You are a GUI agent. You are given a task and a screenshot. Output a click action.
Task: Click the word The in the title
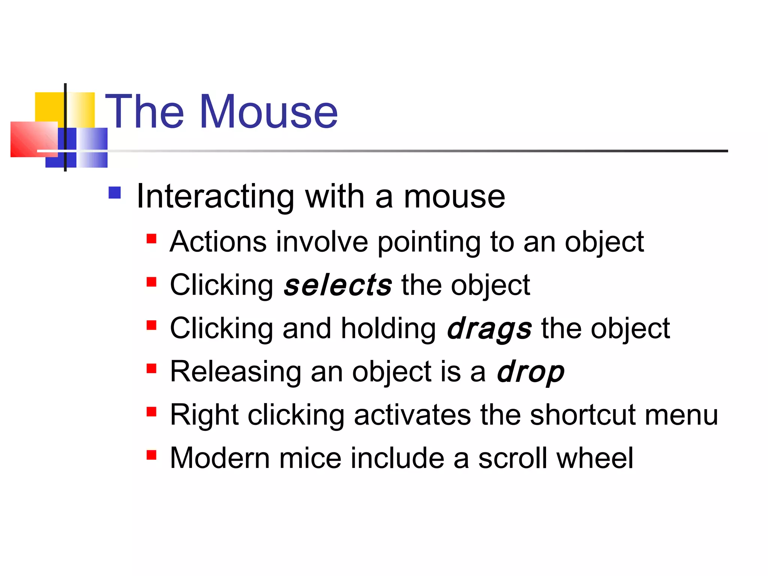[x=145, y=112]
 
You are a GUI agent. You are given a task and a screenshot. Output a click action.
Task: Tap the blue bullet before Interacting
[x=115, y=193]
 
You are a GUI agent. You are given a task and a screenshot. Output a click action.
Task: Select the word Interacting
[x=216, y=196]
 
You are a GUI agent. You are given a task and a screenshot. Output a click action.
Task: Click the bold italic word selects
[x=338, y=285]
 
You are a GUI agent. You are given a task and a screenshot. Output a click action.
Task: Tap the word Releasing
[x=235, y=372]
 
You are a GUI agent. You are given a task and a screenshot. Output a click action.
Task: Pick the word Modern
[x=220, y=458]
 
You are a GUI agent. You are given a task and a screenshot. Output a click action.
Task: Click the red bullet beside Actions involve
[x=151, y=239]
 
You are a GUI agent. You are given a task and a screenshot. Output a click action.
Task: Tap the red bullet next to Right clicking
[x=151, y=412]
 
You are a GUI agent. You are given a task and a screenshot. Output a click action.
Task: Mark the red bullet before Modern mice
[x=151, y=455]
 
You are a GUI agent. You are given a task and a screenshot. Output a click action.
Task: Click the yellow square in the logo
[x=49, y=106]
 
